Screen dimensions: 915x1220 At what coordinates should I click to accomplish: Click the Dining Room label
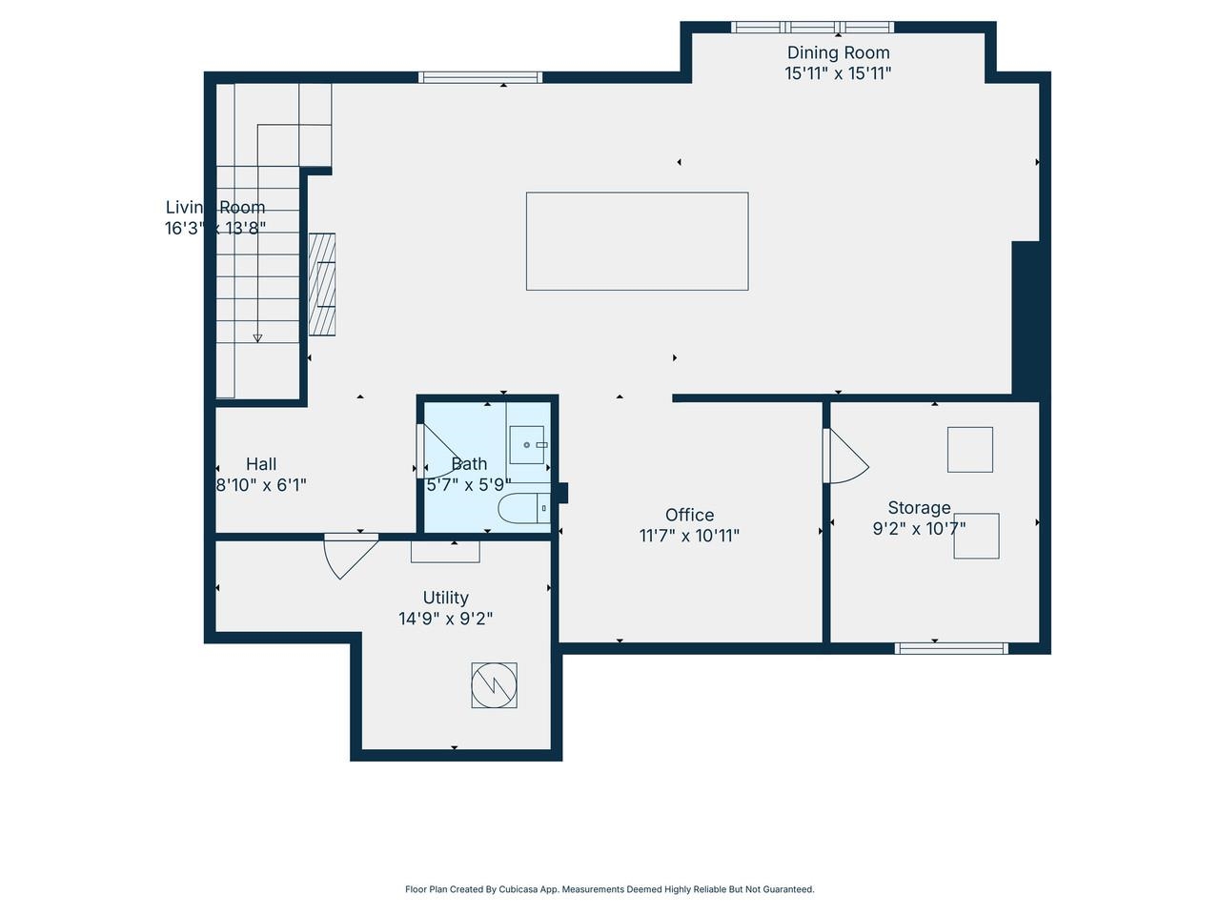tap(838, 53)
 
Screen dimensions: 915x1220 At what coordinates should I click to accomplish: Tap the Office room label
tap(689, 515)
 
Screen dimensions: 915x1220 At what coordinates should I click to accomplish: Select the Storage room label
tap(919, 508)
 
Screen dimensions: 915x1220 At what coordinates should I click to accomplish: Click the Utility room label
tap(445, 598)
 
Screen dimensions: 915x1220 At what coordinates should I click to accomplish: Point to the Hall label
tap(261, 464)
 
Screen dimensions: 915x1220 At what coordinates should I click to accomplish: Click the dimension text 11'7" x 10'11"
tap(689, 536)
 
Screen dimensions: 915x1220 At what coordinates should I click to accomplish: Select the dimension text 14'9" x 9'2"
tap(445, 619)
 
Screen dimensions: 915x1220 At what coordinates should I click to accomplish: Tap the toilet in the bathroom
tap(523, 509)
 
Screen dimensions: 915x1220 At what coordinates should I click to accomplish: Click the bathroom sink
tap(527, 445)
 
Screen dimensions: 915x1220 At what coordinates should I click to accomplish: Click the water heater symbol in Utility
tap(494, 684)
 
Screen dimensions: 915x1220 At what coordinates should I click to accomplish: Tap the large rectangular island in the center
tap(637, 241)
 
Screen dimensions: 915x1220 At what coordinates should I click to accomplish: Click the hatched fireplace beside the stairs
tap(322, 284)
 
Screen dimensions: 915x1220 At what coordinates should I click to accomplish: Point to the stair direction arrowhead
tap(257, 337)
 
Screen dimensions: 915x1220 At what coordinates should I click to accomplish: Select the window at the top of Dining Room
tap(812, 28)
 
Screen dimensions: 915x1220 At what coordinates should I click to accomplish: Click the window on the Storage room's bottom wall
tap(951, 648)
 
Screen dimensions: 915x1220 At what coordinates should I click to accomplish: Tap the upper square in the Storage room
tap(969, 449)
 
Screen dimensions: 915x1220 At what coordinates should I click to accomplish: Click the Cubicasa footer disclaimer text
tap(610, 889)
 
